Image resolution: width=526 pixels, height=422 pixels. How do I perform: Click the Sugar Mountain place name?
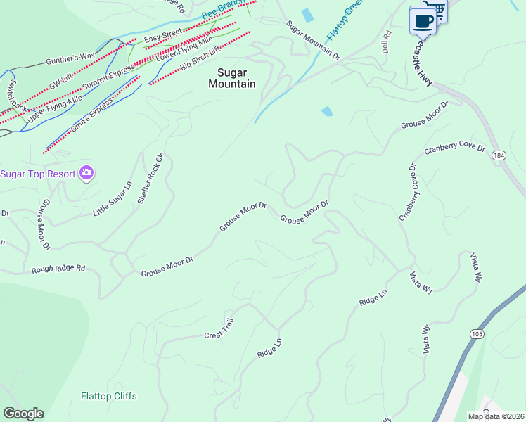[231, 77]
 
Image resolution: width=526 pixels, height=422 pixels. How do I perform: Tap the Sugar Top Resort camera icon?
[86, 173]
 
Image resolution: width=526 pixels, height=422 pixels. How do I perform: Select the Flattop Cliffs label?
[109, 396]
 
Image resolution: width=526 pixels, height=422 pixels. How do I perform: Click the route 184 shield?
[499, 155]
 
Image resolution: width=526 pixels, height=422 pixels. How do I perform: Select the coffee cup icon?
[423, 20]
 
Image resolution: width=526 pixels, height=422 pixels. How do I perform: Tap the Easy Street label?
[162, 36]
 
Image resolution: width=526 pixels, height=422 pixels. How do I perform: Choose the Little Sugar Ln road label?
[113, 198]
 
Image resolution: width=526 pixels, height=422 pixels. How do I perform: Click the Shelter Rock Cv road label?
[150, 178]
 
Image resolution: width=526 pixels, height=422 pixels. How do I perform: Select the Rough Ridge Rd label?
[58, 269]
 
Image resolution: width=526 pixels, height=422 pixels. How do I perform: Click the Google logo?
[23, 414]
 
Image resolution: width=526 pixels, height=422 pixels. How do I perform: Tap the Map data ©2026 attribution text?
[496, 416]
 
